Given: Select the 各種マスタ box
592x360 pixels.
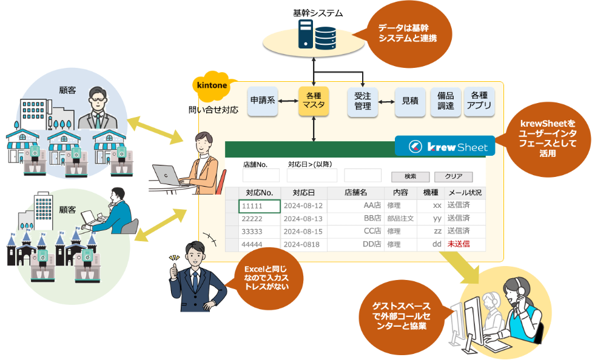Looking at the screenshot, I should click(314, 101).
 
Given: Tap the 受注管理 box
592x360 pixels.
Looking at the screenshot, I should click(362, 101).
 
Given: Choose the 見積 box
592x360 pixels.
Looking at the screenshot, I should click(410, 101).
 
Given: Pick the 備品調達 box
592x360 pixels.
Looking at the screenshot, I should click(446, 101).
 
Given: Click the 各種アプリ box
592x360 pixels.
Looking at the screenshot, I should click(479, 101).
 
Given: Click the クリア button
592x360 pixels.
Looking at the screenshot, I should click(453, 177).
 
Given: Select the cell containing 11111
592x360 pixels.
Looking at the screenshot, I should click(260, 206).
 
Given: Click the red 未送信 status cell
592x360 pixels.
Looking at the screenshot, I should click(459, 244).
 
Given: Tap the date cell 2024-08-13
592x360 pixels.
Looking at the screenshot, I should click(303, 219).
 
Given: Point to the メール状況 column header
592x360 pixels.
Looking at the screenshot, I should click(465, 193).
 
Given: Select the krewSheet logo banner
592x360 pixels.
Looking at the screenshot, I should click(445, 147).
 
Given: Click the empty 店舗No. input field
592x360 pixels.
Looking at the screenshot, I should click(261, 176).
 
